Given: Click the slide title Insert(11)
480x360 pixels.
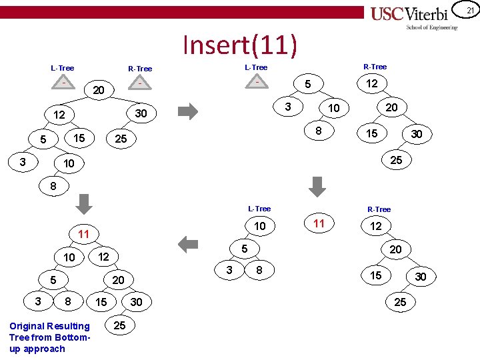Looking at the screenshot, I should click(239, 45).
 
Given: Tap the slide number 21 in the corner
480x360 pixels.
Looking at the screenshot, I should click(469, 10).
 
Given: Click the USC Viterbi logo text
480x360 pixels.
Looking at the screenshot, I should click(414, 14).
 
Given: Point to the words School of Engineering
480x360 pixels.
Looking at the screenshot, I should click(432, 27).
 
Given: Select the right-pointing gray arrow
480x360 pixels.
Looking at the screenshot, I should click(189, 111).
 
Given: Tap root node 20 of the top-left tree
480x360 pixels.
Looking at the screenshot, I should click(99, 90).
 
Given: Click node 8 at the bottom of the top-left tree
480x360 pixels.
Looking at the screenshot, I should click(53, 186).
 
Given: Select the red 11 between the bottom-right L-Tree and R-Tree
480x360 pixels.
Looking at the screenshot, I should click(319, 223).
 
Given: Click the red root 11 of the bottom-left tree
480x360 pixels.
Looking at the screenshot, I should click(83, 234).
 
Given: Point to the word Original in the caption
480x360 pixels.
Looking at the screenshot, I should click(27, 326).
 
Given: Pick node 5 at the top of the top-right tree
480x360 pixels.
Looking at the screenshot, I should click(307, 85).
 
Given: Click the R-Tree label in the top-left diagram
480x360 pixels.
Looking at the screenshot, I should click(140, 69).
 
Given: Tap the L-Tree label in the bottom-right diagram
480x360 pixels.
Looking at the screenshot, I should click(259, 209).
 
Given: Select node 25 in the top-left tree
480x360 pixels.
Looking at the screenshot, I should click(120, 139).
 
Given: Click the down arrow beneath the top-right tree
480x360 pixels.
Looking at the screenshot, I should click(318, 185).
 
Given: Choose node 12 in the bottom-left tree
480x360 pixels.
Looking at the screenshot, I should click(103, 257).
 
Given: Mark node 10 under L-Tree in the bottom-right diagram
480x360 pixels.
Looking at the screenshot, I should click(259, 227).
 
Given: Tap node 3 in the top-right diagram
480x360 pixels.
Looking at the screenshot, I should click(287, 107).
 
